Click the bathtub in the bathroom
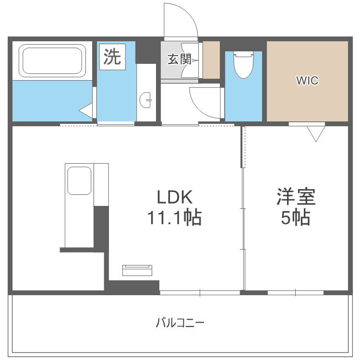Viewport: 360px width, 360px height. tap(52, 60)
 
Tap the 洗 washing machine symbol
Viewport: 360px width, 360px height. tap(112, 58)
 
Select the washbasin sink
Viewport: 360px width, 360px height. tap(146, 101)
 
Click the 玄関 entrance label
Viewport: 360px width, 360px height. tap(179, 60)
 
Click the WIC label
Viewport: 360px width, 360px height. tap(307, 81)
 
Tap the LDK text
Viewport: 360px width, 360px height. tap(174, 197)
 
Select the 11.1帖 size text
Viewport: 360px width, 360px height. tap(174, 218)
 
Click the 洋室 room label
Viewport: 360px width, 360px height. tap(295, 197)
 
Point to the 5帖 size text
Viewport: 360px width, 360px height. tap(295, 218)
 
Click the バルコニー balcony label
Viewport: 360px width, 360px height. tap(180, 323)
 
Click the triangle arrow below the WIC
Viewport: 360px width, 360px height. tap(315, 133)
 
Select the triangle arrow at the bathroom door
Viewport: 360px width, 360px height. tap(86, 111)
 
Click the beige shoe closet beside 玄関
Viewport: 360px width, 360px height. tap(212, 60)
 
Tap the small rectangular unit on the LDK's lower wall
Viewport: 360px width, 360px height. tap(138, 270)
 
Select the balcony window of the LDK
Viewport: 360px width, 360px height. tap(200, 292)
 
